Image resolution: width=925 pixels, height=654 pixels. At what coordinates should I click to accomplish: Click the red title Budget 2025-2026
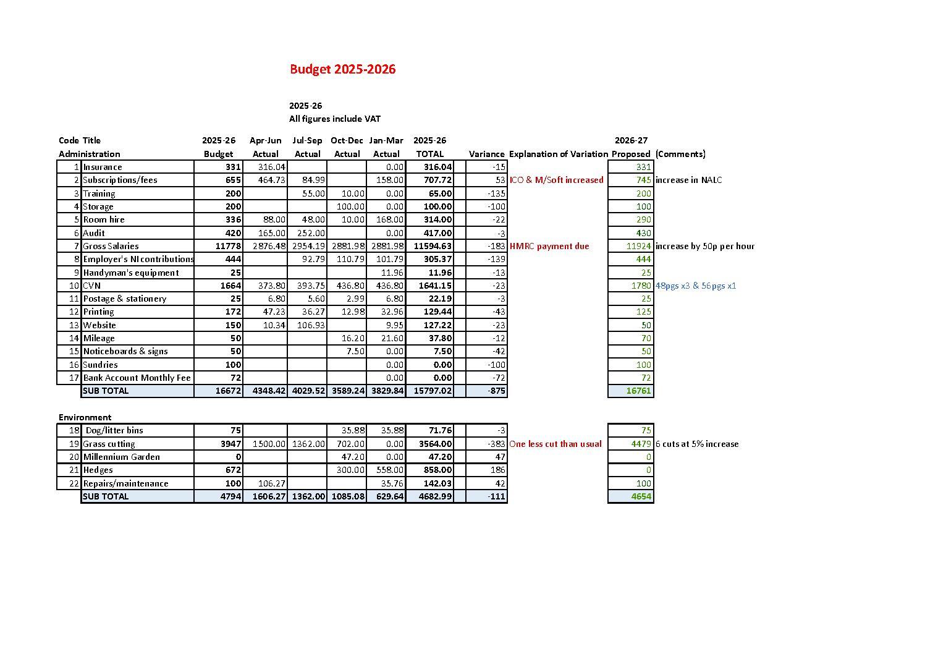coord(342,69)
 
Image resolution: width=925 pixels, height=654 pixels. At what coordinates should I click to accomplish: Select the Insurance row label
coord(103,167)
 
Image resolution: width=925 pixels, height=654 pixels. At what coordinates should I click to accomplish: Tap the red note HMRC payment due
coord(549,246)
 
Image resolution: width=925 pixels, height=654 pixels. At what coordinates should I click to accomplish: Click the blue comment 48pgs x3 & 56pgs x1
coord(696,286)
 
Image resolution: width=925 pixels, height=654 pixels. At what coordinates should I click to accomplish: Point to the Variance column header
coord(487,154)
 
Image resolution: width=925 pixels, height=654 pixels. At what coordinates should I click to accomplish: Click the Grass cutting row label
coord(109,444)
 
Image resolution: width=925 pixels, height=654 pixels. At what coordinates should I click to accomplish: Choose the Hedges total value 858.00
coord(437,470)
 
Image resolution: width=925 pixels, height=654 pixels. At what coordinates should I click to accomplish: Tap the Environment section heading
coord(85,417)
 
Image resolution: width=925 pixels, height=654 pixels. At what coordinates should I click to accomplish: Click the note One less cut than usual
coord(555,444)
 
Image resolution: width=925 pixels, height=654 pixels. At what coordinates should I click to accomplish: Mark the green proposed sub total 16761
coord(638,391)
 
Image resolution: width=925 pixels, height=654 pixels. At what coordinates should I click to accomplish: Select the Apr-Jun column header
coord(265,140)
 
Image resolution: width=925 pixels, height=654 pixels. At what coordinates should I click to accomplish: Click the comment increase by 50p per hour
coord(705,246)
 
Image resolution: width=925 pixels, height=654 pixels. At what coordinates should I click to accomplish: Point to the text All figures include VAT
coord(335,119)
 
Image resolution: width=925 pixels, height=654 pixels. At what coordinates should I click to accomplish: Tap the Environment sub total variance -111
coord(496,496)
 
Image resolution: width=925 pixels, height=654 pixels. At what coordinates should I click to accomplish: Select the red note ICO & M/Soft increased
coord(556,180)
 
